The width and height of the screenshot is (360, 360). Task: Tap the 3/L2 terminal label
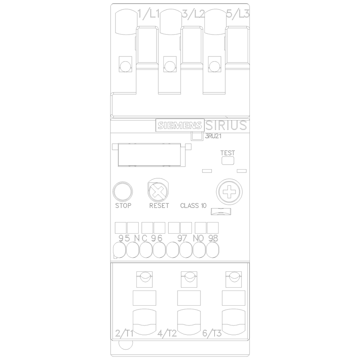coord(193,14)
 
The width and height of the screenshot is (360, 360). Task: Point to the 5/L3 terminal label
coord(238,14)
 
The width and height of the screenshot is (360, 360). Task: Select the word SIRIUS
coord(226,125)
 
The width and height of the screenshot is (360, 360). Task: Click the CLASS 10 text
coord(193,206)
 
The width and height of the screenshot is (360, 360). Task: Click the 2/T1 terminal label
coord(124,333)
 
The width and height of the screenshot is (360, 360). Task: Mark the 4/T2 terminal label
coord(167,333)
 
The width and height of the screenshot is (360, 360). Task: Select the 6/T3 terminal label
coord(212,333)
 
